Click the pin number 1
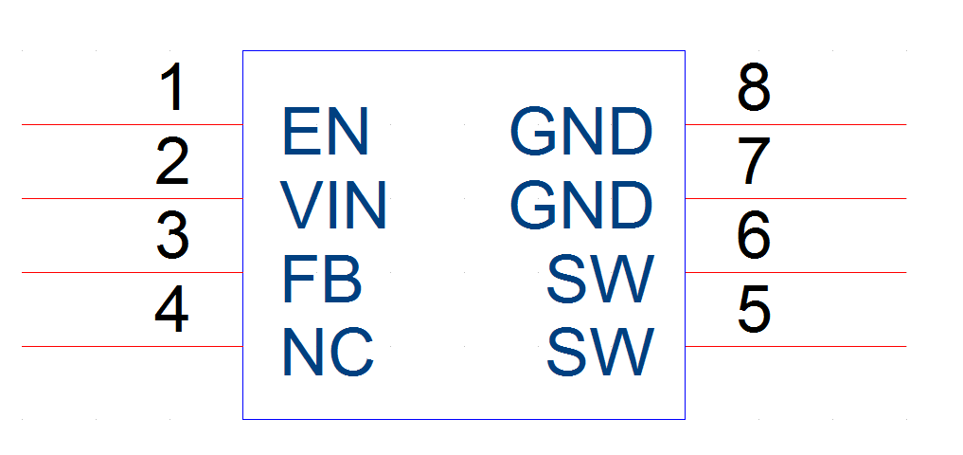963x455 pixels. point(173,86)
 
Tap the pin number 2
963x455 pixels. point(172,161)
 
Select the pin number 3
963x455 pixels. point(172,235)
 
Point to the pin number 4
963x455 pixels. point(171,309)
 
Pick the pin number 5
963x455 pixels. point(754,309)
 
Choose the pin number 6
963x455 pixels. point(754,235)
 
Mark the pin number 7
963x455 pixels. point(754,161)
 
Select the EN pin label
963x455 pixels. point(326,131)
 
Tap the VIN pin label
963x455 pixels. point(333,205)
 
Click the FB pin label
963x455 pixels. point(322,279)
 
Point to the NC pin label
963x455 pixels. point(328,353)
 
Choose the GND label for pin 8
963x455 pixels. point(581,131)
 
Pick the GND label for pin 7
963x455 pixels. point(581,205)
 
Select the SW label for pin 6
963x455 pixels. point(600,279)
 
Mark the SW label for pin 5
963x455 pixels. point(600,353)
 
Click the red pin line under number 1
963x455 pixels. point(133,125)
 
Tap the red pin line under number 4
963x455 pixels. point(133,346)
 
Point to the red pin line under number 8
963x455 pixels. point(795,125)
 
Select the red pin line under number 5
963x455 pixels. point(795,346)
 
